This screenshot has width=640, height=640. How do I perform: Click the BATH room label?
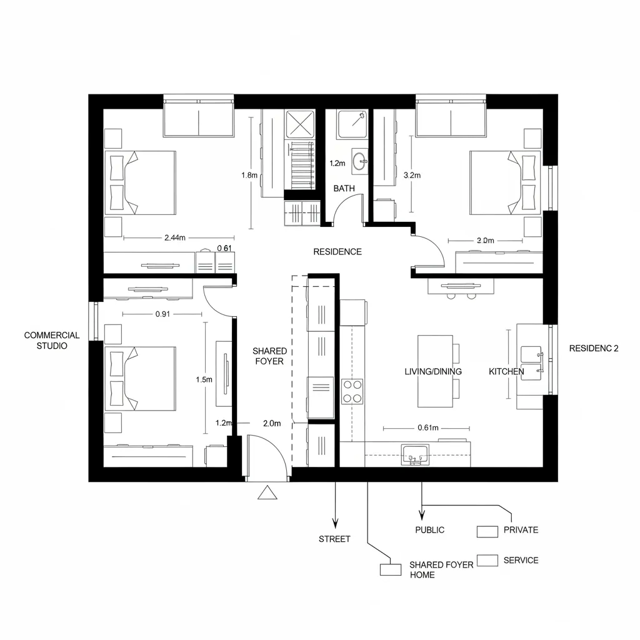pyautogui.click(x=344, y=188)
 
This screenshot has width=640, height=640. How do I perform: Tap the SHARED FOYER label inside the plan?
pyautogui.click(x=269, y=356)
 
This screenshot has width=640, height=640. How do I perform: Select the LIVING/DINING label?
pyautogui.click(x=433, y=371)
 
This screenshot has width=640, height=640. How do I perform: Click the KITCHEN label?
pyautogui.click(x=506, y=371)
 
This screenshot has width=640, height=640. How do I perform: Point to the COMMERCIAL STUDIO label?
pyautogui.click(x=52, y=340)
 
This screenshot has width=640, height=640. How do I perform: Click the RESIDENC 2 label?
pyautogui.click(x=594, y=349)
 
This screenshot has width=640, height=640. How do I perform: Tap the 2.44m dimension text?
pyautogui.click(x=175, y=237)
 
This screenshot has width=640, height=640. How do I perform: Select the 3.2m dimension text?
pyautogui.click(x=412, y=176)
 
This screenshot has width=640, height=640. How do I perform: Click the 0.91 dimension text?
pyautogui.click(x=162, y=314)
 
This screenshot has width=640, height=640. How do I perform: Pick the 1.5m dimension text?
pyautogui.click(x=204, y=379)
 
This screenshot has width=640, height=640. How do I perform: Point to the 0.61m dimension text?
pyautogui.click(x=427, y=428)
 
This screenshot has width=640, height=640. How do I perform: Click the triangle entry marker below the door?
pyautogui.click(x=267, y=493)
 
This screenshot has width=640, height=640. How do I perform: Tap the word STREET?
pyautogui.click(x=334, y=539)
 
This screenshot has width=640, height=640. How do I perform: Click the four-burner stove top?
pyautogui.click(x=352, y=391)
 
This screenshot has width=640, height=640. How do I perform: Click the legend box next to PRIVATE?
pyautogui.click(x=487, y=531)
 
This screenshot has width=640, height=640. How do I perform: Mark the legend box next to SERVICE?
pyautogui.click(x=487, y=560)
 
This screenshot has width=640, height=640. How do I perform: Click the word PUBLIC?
pyautogui.click(x=430, y=530)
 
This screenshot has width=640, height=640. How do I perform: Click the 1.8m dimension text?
pyautogui.click(x=249, y=176)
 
